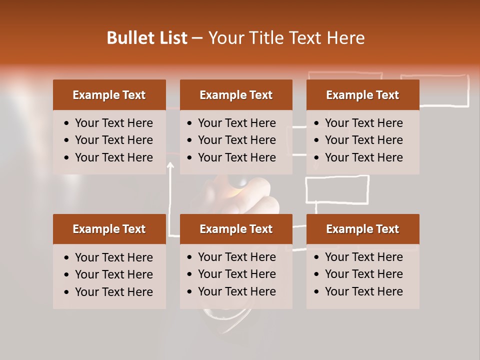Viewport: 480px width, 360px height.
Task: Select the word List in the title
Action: pos(173,38)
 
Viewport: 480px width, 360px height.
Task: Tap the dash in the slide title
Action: pos(197,38)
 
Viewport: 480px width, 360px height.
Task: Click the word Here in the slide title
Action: pos(345,38)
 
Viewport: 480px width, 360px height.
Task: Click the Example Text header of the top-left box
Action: pos(109,95)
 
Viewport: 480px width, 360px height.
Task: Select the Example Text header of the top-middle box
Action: pos(236,95)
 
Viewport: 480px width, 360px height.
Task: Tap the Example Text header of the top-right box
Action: pos(362,95)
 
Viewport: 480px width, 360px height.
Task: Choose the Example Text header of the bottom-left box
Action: pos(109,229)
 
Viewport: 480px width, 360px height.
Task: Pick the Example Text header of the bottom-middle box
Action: pos(236,229)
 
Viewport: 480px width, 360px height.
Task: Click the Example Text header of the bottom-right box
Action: pos(362,229)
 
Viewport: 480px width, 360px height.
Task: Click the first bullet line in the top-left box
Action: pos(113,123)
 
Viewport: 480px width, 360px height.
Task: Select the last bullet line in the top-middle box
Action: pos(236,157)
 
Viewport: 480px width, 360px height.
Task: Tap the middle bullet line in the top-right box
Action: pos(363,140)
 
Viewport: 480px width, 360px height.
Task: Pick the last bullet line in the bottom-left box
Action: pos(113,292)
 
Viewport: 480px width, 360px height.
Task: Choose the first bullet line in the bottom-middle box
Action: pos(236,257)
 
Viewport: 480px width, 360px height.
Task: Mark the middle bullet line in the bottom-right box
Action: pos(363,274)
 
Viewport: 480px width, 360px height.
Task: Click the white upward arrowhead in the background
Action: pos(171,165)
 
